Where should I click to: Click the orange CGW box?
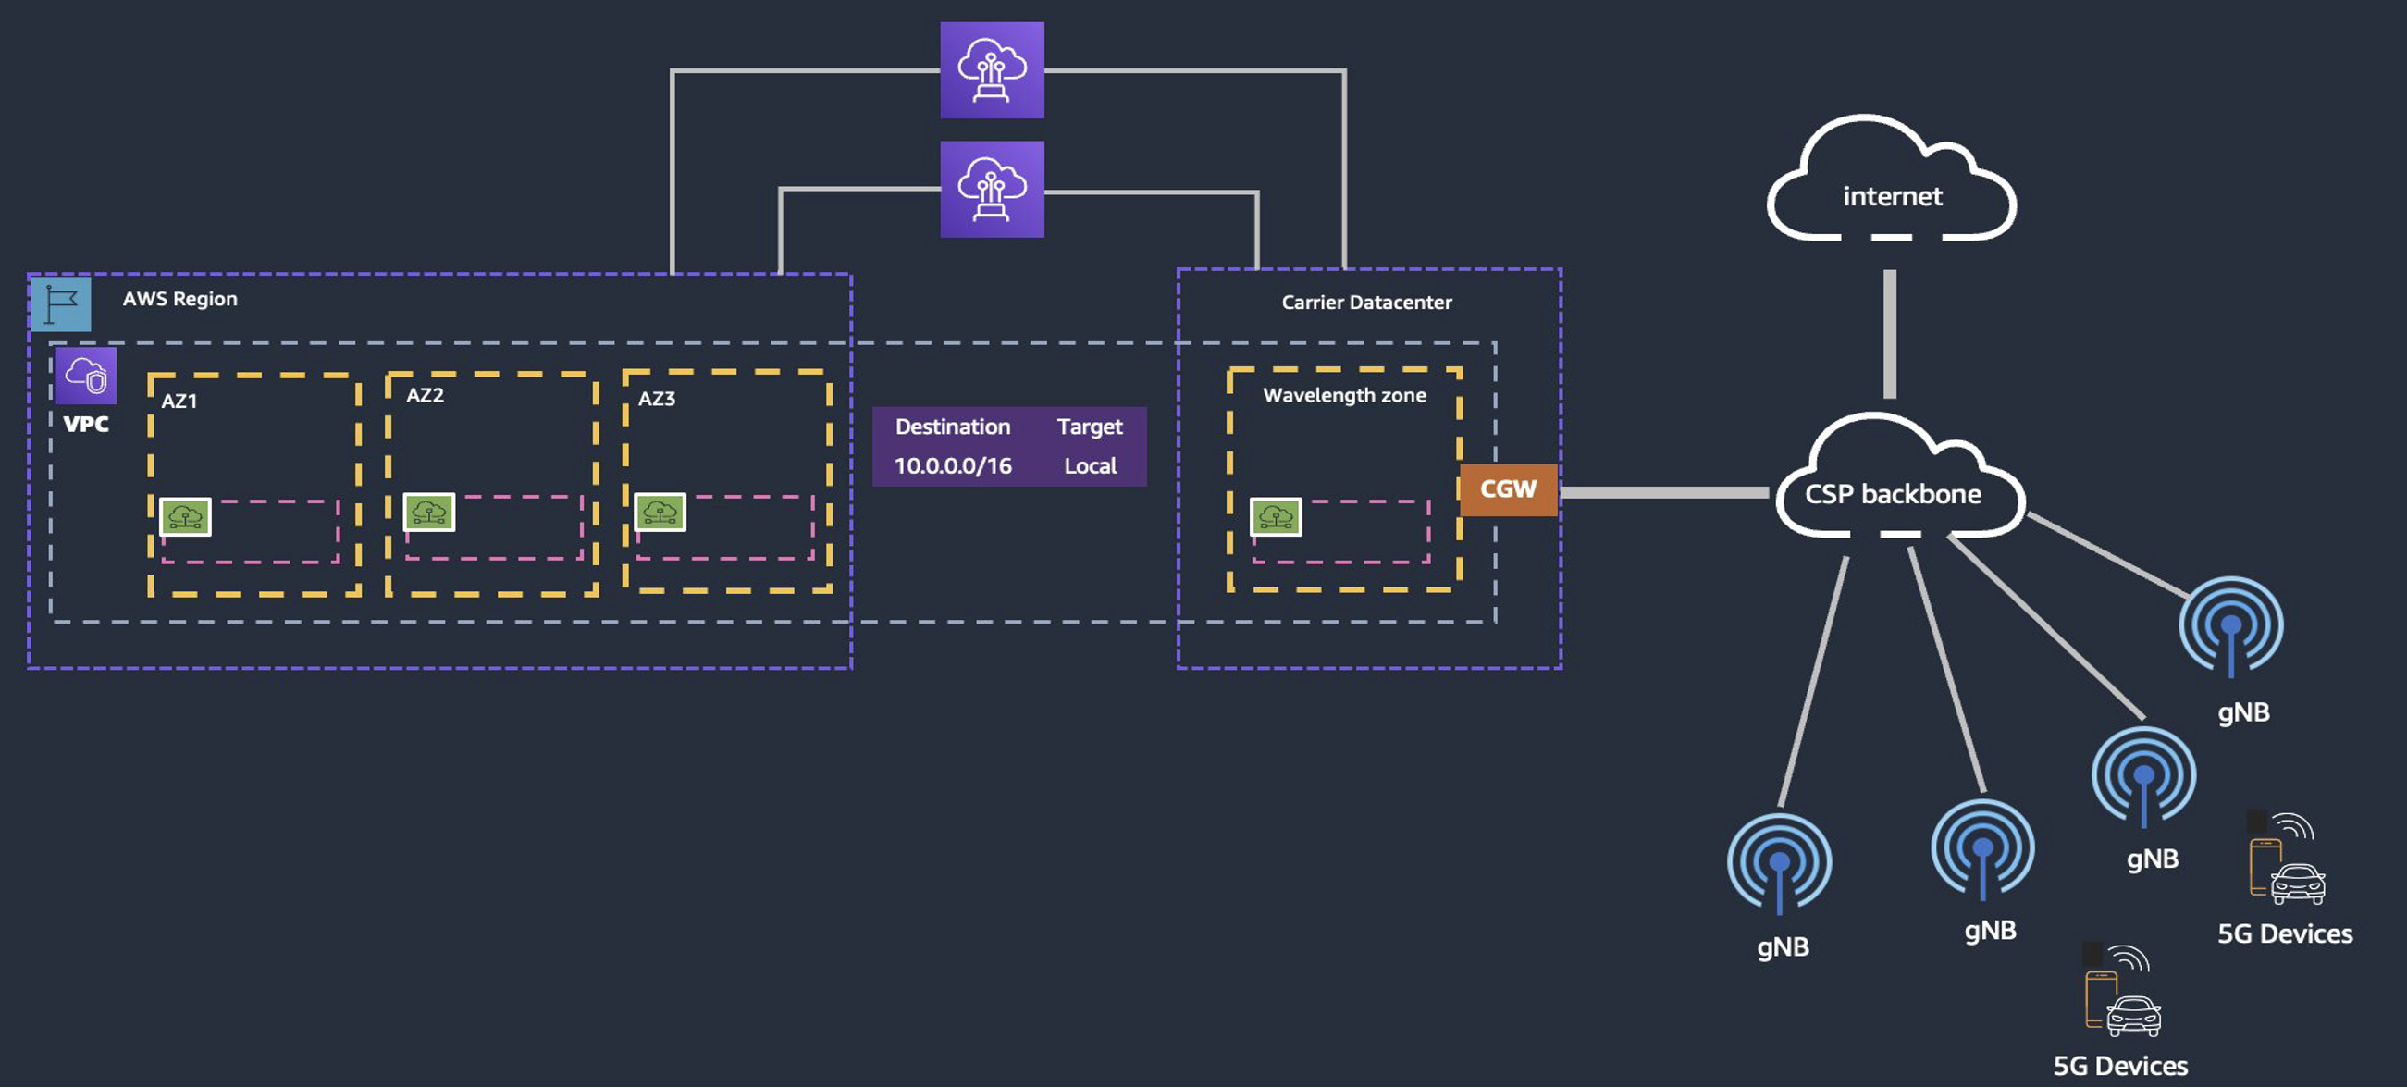pyautogui.click(x=1507, y=489)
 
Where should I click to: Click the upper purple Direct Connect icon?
pyautogui.click(x=992, y=70)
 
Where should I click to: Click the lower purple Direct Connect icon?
pyautogui.click(x=992, y=189)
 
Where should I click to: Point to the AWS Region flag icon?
pyautogui.click(x=61, y=303)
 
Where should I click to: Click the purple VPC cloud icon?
pyautogui.click(x=86, y=376)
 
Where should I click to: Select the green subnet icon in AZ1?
pyautogui.click(x=185, y=516)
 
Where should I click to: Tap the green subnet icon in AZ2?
pyautogui.click(x=429, y=513)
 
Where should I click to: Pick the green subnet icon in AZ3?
pyautogui.click(x=660, y=513)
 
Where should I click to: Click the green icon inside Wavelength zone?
pyautogui.click(x=1276, y=516)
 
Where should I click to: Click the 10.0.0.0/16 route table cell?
pyautogui.click(x=952, y=465)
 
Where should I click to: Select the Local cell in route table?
pyautogui.click(x=1090, y=465)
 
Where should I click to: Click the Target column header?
pyautogui.click(x=1090, y=427)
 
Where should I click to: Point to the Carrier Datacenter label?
pyautogui.click(x=1366, y=302)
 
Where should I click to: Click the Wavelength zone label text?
pyautogui.click(x=1344, y=395)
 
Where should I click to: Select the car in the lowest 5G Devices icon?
pyautogui.click(x=2133, y=1016)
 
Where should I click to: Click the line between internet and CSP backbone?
pyautogui.click(x=1889, y=334)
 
